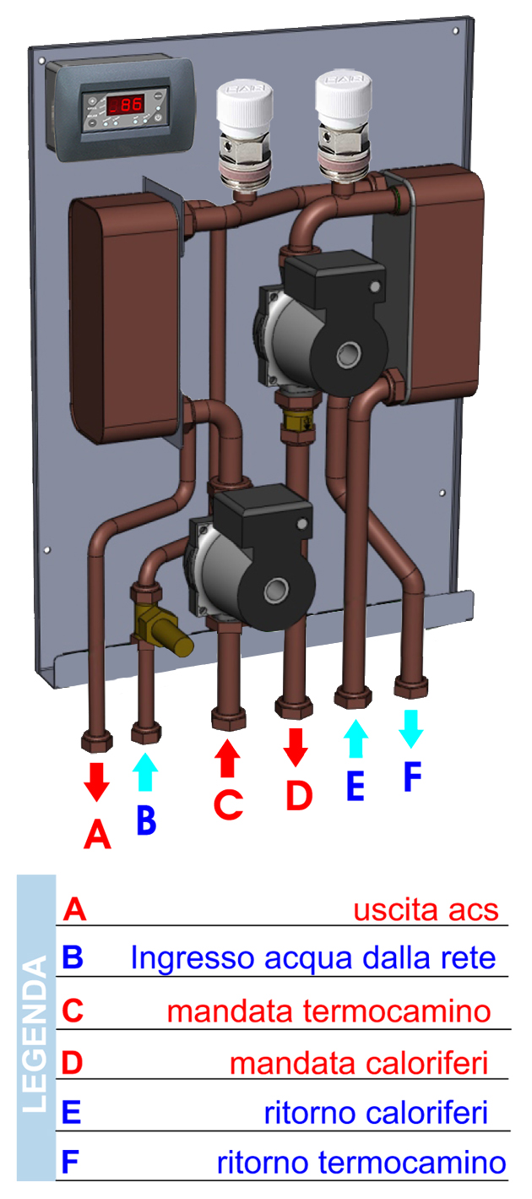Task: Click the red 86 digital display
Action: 126,105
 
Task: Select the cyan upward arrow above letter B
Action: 145,771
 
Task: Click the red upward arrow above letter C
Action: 228,758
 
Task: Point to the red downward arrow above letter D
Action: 296,747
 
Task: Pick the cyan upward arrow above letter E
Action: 356,738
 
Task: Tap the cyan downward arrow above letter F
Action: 410,728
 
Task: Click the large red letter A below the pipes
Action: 97,835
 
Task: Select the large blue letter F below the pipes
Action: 413,777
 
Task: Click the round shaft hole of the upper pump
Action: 349,354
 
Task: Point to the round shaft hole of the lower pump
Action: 276,590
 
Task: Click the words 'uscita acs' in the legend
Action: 426,910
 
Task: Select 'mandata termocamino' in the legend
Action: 328,1011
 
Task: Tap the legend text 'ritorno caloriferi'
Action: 376,1114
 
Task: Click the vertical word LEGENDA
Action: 36,1035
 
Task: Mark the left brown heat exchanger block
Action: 124,319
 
